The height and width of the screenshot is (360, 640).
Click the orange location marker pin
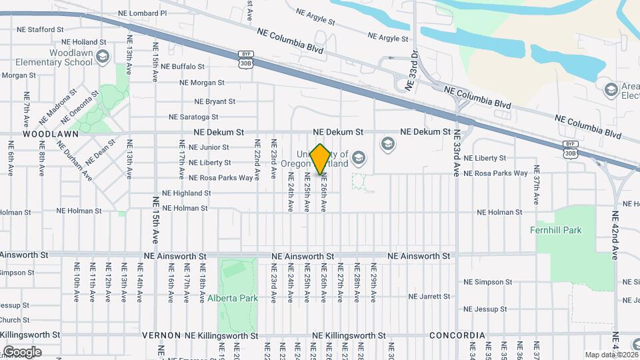(x=320, y=159)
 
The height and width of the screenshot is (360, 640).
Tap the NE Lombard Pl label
(x=142, y=13)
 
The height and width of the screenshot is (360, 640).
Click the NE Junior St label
(x=209, y=147)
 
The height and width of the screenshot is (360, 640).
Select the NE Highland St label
(x=187, y=193)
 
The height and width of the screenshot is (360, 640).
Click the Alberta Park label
(x=232, y=298)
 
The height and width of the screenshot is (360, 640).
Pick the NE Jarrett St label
(x=431, y=296)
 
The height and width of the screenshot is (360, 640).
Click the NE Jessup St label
(x=485, y=309)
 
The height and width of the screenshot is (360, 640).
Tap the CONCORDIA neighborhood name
(x=457, y=335)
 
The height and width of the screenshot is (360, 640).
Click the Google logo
(x=21, y=351)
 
